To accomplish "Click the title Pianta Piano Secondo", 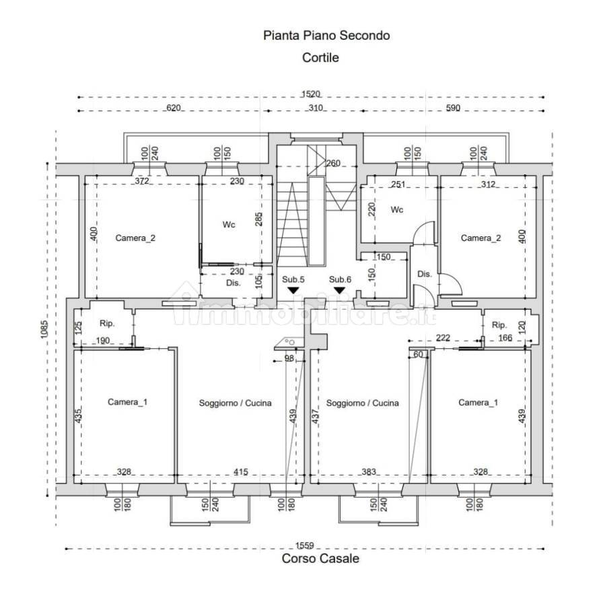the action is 326,36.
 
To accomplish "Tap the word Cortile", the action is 320,58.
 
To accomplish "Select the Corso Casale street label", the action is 320,558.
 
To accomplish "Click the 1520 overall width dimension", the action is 311,94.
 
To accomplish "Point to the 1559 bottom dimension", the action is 305,545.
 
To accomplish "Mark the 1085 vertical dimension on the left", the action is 44,330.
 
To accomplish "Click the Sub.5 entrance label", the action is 293,279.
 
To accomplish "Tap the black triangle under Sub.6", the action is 340,290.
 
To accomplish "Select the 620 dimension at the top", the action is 174,108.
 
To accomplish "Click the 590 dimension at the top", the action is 453,108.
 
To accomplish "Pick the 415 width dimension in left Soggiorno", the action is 241,472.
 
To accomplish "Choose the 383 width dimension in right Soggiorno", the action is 369,472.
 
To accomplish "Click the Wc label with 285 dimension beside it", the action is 229,224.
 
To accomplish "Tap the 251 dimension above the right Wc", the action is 398,184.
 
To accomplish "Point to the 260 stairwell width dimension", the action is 333,163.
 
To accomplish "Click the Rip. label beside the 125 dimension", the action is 107,323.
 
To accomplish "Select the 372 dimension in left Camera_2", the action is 142,180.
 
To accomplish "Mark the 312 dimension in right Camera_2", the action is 488,184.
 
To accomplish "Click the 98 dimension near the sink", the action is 289,358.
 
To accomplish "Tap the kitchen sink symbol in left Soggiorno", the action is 289,343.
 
